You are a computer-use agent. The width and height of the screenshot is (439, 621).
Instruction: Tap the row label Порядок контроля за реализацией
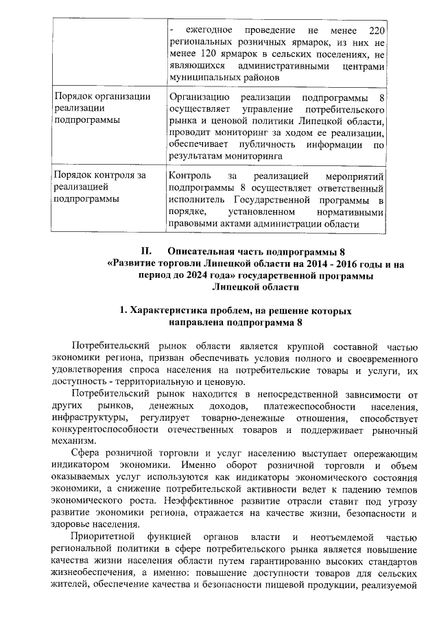(100, 187)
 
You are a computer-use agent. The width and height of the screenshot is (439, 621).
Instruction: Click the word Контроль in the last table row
(189, 176)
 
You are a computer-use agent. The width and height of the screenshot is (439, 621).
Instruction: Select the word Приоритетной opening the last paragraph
(101, 537)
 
